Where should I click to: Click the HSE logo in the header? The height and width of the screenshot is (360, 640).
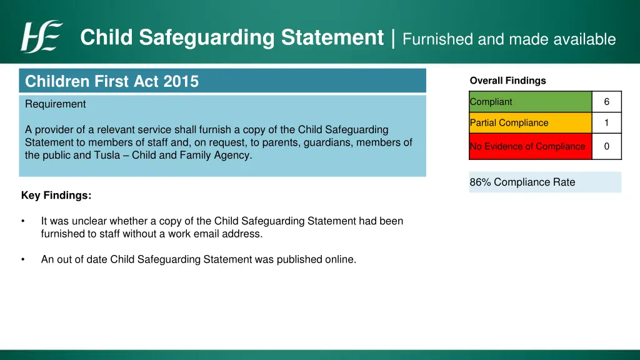pos(42,37)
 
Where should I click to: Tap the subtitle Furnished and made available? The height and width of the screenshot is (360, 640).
pos(509,39)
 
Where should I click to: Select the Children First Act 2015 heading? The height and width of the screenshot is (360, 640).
pos(112,81)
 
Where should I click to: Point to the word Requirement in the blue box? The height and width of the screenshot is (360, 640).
pos(56,104)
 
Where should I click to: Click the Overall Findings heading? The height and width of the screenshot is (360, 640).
pos(507,81)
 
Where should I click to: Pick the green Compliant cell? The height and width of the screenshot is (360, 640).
pos(530,102)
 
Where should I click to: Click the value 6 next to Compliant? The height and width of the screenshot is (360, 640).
pos(606,102)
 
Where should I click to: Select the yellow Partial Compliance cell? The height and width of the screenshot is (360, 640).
pos(530,123)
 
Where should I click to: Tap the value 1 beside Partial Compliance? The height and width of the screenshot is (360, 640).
pos(606,123)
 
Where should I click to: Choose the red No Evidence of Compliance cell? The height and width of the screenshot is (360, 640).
pos(530,146)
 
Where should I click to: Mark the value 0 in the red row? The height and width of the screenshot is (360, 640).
pos(606,146)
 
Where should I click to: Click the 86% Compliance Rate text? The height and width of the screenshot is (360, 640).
pos(522,182)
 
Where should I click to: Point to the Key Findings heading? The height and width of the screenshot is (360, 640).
pos(56,196)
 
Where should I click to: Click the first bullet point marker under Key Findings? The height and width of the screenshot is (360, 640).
pos(22,221)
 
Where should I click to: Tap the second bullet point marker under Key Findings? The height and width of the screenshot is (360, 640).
pos(22,259)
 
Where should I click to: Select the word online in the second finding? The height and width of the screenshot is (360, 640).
pos(340,259)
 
